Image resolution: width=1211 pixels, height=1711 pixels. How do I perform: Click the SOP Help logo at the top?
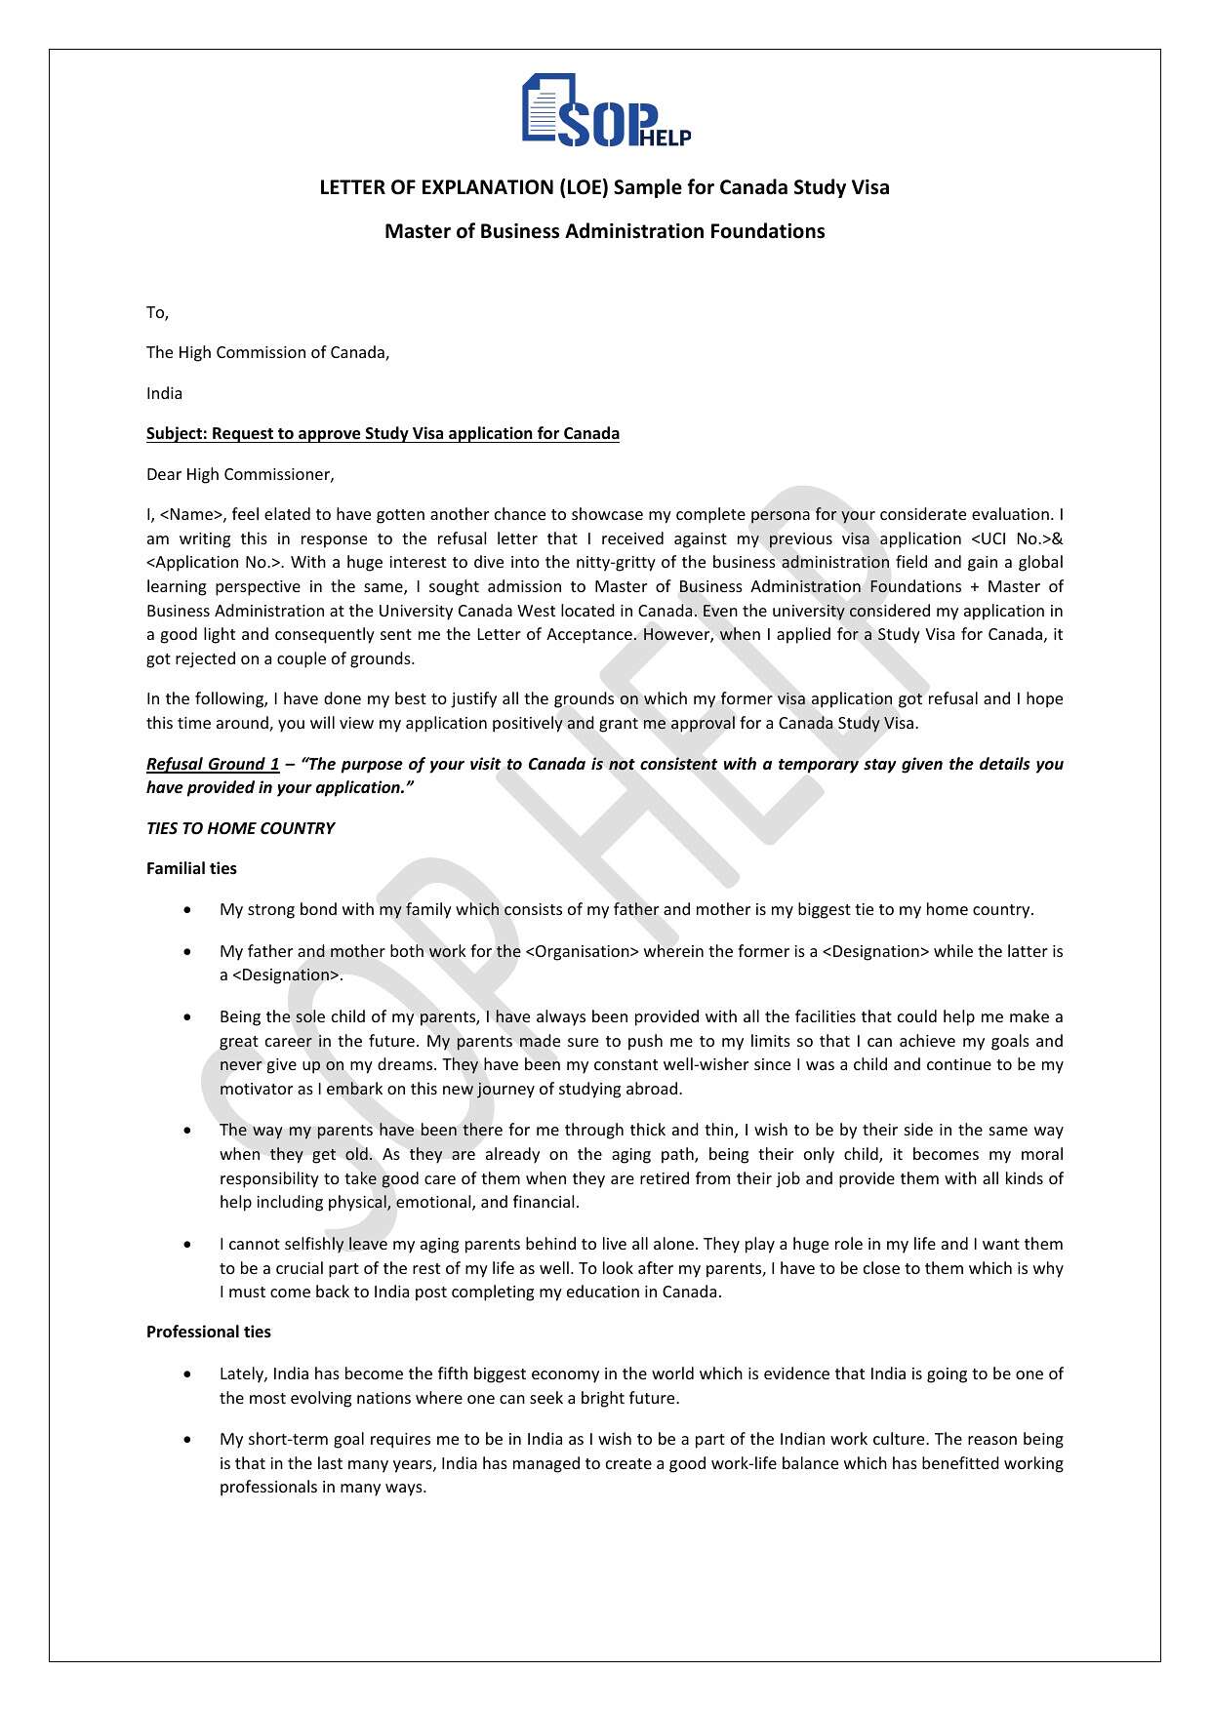click(605, 110)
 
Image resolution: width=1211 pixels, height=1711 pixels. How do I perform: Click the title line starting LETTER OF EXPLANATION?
click(604, 187)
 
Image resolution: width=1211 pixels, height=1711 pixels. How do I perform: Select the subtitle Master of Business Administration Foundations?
click(604, 231)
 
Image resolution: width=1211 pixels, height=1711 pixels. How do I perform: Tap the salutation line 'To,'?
click(157, 312)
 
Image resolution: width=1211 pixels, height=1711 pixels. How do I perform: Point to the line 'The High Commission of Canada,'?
click(267, 352)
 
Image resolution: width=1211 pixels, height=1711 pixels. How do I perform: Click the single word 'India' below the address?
click(164, 393)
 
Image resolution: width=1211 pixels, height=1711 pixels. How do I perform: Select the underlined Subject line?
click(383, 433)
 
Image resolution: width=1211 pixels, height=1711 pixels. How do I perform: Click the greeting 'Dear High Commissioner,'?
click(240, 474)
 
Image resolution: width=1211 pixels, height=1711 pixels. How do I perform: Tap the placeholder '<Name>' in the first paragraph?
click(192, 514)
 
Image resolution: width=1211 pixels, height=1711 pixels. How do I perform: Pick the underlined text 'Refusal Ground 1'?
click(213, 764)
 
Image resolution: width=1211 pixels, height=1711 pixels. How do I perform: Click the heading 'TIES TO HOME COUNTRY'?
click(240, 828)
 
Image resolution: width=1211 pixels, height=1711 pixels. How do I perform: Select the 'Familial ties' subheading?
click(191, 868)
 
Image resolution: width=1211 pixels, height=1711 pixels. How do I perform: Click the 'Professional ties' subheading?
click(208, 1332)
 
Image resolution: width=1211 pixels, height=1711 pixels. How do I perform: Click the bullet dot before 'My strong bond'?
click(187, 909)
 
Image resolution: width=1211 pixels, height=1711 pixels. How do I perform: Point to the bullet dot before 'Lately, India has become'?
click(187, 1373)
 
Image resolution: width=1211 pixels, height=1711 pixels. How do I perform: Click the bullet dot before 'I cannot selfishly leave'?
click(187, 1244)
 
